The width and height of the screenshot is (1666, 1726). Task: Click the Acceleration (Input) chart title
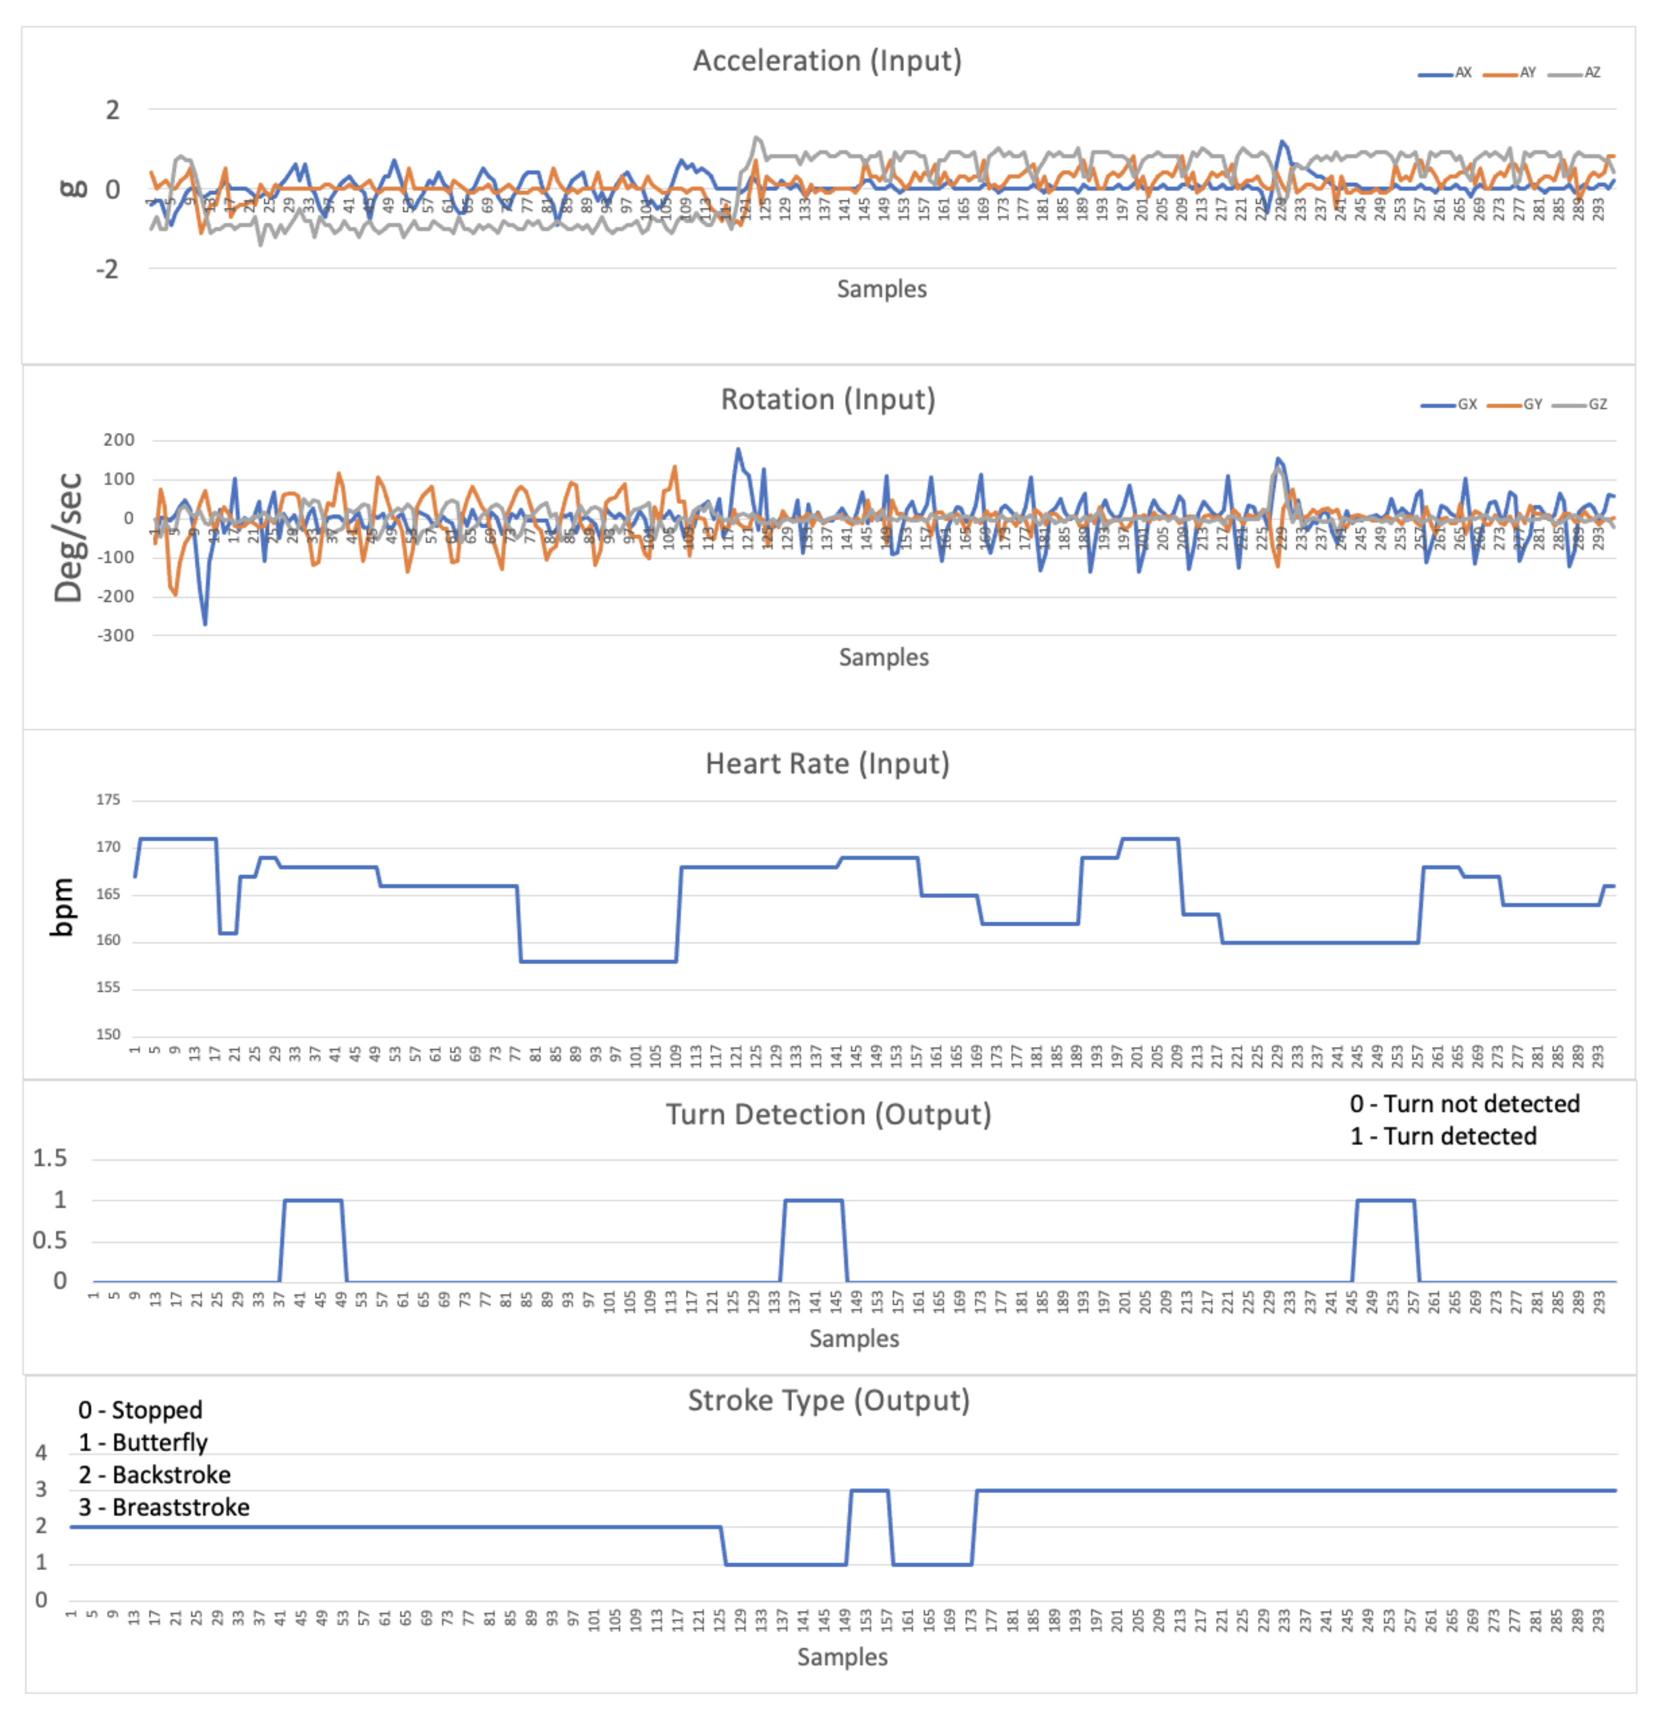pos(827,61)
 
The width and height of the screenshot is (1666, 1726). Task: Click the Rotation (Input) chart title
pos(827,400)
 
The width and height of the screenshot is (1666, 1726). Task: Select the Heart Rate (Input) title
pos(827,763)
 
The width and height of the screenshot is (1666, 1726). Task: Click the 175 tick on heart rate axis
pos(108,799)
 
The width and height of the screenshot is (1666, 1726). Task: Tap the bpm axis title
pos(62,907)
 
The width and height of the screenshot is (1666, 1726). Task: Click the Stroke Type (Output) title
pos(827,1400)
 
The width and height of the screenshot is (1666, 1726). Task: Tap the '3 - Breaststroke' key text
pos(164,1508)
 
